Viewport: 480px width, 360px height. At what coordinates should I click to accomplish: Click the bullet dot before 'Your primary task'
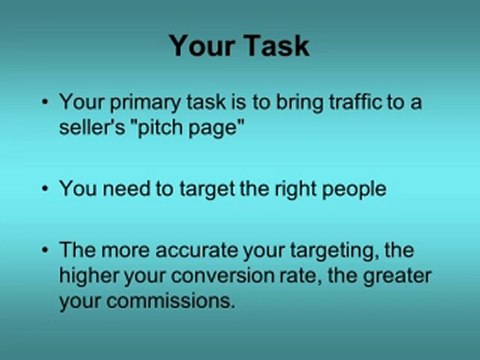tap(44, 103)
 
